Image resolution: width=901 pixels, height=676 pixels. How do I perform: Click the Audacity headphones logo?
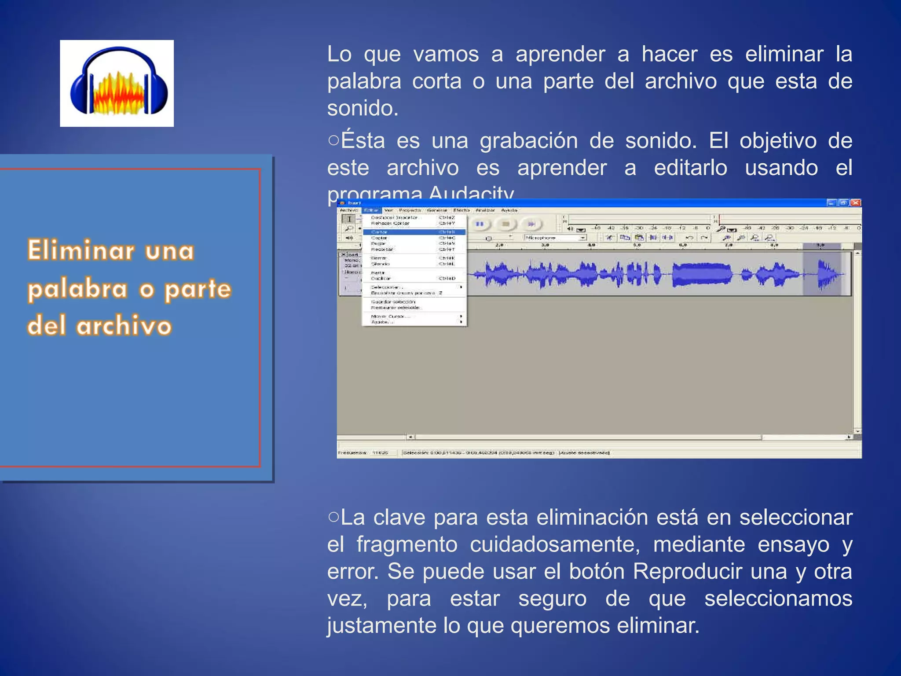(117, 83)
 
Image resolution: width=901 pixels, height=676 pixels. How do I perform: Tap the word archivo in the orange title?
(124, 326)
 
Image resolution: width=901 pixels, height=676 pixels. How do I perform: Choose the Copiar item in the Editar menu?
(379, 238)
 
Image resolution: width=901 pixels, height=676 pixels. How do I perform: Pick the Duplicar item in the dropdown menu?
(381, 279)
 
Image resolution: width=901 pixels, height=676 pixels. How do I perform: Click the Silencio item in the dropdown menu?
(381, 264)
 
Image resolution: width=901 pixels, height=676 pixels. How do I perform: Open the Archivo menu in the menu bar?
(349, 210)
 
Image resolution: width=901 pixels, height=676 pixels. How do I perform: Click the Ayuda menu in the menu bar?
(509, 210)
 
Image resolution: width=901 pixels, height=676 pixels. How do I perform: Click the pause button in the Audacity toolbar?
(480, 224)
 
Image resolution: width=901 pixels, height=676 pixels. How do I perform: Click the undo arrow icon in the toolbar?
(689, 238)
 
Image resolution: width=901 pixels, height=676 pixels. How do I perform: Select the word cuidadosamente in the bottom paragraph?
(555, 544)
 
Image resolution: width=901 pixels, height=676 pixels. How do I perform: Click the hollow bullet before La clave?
(333, 516)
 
